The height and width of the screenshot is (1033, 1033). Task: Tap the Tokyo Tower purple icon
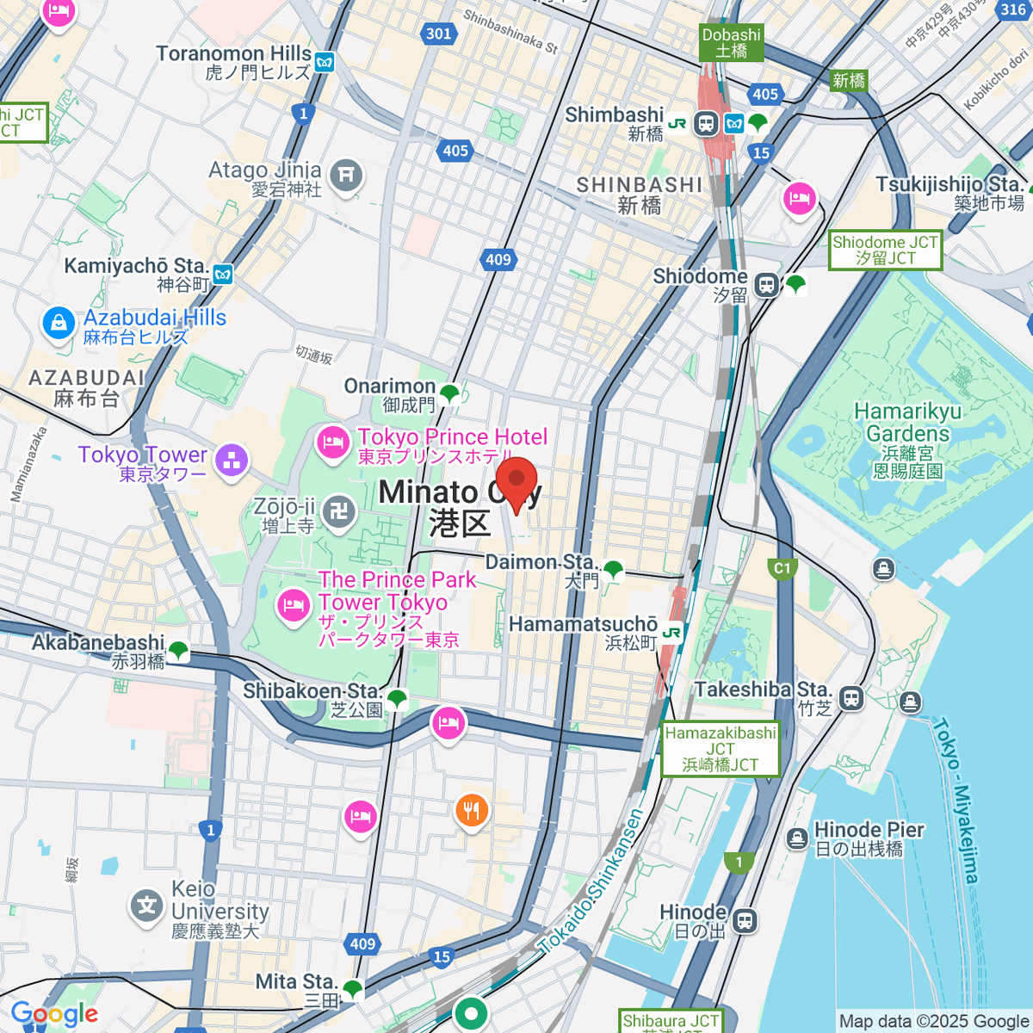[231, 461]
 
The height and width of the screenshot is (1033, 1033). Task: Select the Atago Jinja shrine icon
[346, 176]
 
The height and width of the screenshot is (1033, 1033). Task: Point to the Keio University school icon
[147, 906]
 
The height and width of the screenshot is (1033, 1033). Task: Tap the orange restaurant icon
[471, 810]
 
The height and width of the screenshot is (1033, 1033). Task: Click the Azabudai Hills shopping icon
[59, 325]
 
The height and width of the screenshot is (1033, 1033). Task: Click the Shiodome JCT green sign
[885, 250]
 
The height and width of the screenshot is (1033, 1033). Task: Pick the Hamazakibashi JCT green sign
[721, 748]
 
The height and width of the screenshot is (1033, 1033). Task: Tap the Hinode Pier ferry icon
[797, 837]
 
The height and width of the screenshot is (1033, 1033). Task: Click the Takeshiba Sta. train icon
[851, 697]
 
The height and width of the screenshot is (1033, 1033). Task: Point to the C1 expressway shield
[782, 568]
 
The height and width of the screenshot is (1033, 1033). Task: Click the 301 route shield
[438, 34]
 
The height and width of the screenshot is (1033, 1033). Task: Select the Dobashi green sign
[731, 42]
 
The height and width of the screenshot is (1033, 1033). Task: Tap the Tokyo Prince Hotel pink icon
[333, 443]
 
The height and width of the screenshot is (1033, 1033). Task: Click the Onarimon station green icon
[449, 394]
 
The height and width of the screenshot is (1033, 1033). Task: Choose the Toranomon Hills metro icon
[325, 62]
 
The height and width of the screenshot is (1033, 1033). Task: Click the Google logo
[54, 1014]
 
